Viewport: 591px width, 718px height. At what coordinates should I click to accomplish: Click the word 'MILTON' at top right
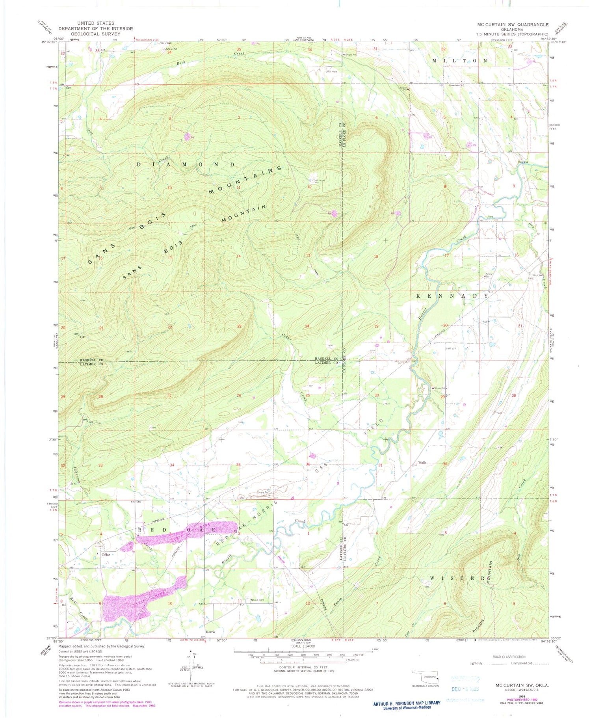point(460,61)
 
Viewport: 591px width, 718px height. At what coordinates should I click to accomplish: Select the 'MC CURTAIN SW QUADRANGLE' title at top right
point(513,24)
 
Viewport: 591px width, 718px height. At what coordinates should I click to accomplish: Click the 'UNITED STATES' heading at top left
point(96,23)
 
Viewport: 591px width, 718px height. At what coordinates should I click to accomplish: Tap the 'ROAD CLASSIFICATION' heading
point(509,657)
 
